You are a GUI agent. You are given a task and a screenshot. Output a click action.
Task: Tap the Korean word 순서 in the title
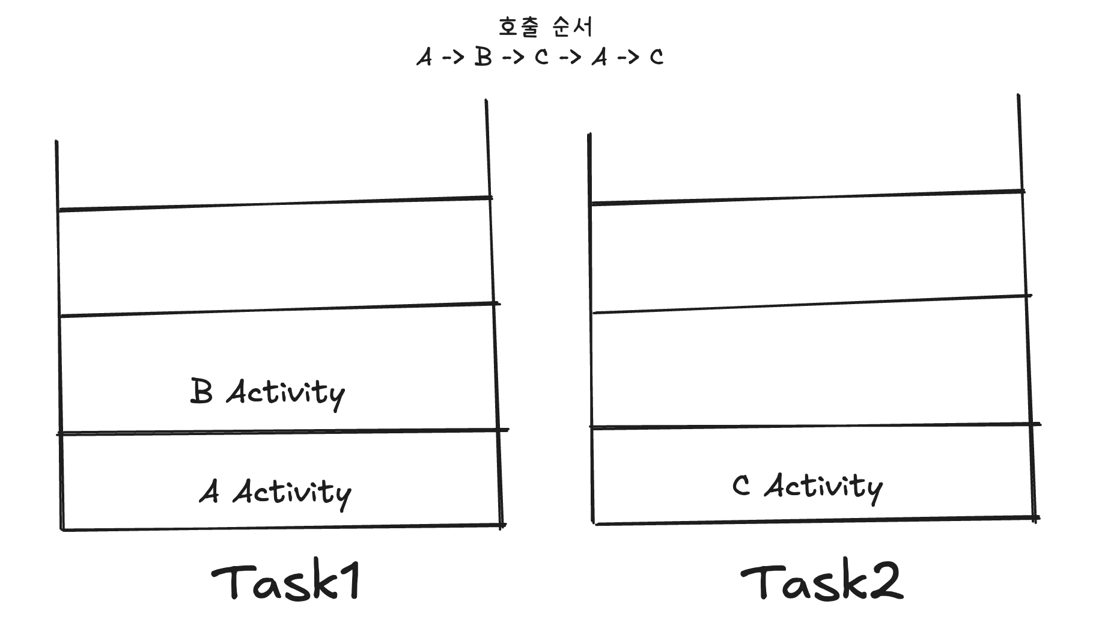pos(572,27)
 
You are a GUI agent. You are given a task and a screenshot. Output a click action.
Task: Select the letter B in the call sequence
pos(483,57)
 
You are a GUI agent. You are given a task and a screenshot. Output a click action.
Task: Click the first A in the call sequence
pos(424,58)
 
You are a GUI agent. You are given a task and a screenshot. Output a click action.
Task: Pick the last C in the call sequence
pos(656,58)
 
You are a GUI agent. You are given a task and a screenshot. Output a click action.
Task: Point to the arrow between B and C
pos(513,58)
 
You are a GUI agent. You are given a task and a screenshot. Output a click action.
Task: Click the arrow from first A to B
pos(454,58)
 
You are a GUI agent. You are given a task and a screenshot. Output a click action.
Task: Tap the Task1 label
pos(286,582)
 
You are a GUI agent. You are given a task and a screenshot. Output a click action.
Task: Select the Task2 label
pos(821,582)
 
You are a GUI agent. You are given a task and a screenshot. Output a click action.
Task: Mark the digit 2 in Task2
pos(885,582)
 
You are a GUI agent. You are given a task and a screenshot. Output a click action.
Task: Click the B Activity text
pos(267,392)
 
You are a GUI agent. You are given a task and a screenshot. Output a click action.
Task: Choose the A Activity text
pos(275,493)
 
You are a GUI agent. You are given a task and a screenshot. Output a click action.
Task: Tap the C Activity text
pos(808,486)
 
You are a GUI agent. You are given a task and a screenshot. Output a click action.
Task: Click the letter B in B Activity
pos(201,391)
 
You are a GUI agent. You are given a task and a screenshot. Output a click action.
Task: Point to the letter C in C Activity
pos(741,486)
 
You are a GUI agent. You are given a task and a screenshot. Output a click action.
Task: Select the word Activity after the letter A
pos(292,493)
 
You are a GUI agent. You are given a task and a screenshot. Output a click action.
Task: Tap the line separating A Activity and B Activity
pos(282,431)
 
